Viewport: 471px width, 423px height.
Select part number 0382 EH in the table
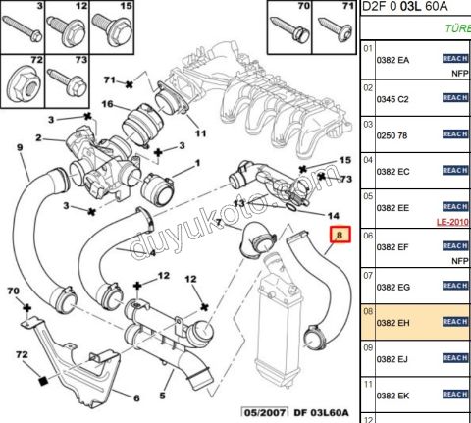pyautogui.click(x=394, y=320)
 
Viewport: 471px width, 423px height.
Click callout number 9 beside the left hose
pyautogui.click(x=19, y=148)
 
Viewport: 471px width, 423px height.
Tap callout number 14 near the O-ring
pyautogui.click(x=334, y=214)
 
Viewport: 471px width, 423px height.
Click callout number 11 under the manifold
pyautogui.click(x=200, y=132)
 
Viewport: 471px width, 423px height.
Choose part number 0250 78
pyautogui.click(x=394, y=133)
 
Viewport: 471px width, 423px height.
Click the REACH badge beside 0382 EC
pyautogui.click(x=455, y=170)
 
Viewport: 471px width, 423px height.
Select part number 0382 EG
pyautogui.click(x=394, y=285)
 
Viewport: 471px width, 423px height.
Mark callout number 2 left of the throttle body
pyautogui.click(x=39, y=138)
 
